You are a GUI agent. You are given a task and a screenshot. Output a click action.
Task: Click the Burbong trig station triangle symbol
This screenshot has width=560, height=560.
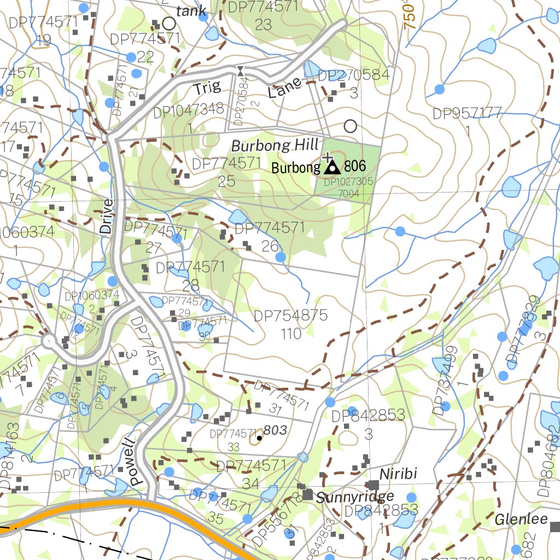(x=332, y=166)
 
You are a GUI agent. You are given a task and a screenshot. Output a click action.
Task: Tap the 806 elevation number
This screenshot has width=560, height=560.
(x=355, y=166)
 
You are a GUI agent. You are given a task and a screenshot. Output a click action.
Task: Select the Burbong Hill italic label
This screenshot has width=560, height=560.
(x=275, y=146)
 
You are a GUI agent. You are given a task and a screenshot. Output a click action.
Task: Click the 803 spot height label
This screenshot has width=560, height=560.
(x=275, y=430)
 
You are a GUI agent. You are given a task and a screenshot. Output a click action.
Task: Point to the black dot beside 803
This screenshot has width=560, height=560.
(x=259, y=438)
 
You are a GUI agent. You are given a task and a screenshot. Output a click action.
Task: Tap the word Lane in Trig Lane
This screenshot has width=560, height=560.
(x=285, y=87)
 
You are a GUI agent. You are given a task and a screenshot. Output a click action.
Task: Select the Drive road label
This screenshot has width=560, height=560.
(x=107, y=217)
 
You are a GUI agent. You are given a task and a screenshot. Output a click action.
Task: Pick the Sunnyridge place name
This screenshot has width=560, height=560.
(x=355, y=497)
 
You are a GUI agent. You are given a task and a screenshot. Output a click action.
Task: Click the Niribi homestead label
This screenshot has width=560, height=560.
(x=399, y=474)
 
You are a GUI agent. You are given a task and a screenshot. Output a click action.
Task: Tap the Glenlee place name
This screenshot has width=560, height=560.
(x=521, y=519)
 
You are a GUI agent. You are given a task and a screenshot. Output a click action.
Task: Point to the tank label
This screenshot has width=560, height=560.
(x=191, y=10)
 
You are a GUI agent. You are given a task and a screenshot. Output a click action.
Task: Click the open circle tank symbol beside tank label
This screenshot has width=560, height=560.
(x=169, y=24)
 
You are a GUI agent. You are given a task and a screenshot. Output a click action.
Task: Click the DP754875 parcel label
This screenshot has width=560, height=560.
(x=290, y=316)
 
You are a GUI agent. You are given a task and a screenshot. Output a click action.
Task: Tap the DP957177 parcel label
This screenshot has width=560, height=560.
(x=467, y=113)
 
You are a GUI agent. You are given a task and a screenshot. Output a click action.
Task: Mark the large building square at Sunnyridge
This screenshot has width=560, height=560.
(x=307, y=495)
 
